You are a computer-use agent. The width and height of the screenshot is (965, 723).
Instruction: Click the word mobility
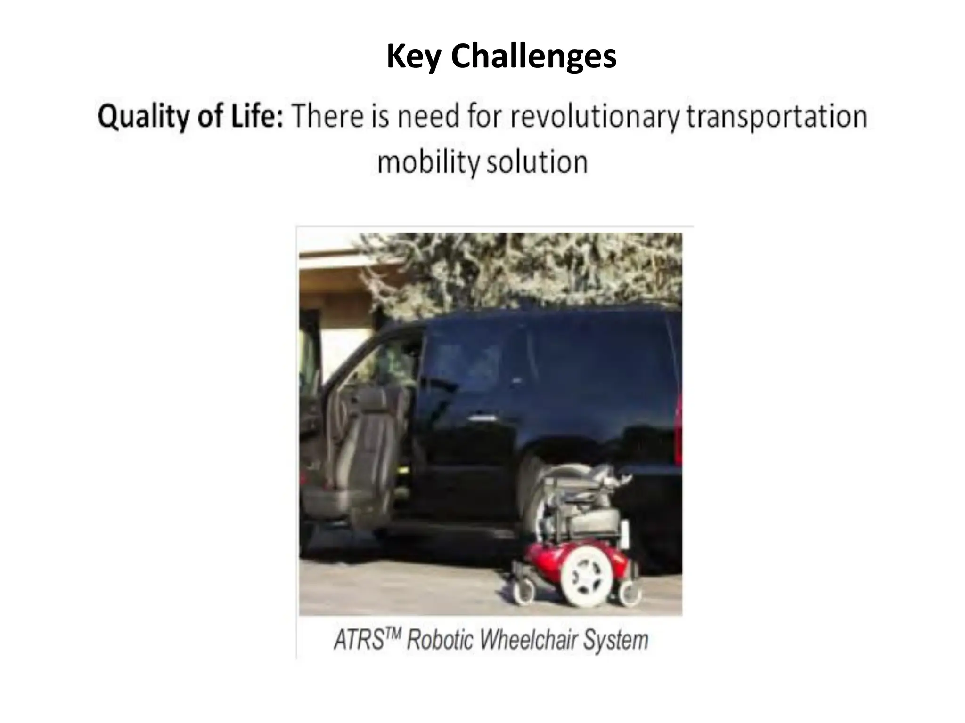428,162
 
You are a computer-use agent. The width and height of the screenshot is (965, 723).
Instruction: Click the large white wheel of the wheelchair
589,578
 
